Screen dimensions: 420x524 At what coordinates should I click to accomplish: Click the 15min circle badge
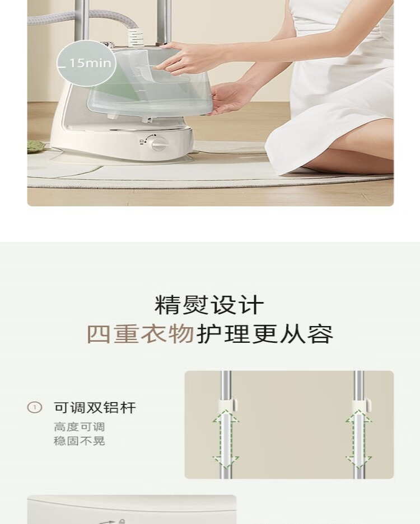86,63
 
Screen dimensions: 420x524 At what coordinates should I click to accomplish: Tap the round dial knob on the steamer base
159,144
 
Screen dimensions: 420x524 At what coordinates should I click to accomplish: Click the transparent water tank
150,83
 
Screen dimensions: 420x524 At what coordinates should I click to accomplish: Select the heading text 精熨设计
209,304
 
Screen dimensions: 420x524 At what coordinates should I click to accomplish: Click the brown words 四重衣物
141,333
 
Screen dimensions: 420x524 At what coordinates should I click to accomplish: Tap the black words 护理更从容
265,333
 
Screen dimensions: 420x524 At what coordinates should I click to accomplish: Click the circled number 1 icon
35,408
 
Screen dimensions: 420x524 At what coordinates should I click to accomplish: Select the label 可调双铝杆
95,408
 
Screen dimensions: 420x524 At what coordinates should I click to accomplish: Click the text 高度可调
80,427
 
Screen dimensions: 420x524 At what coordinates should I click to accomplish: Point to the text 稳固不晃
80,441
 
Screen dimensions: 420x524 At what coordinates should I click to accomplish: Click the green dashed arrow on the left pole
226,439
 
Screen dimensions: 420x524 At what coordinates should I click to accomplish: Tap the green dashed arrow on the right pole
359,439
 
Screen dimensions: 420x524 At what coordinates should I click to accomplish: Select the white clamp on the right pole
361,404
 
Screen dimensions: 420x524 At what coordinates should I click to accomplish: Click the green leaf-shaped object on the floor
36,147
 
